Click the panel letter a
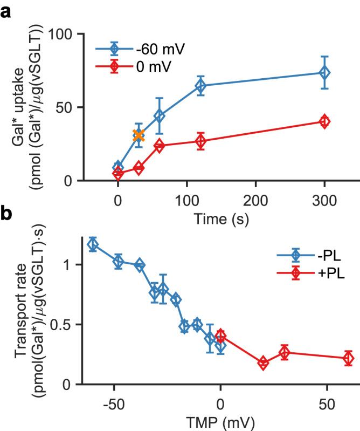coord(7,10)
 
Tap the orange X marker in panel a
coord(139,135)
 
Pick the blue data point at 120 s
coord(200,86)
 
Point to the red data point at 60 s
coord(159,146)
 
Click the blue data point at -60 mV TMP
coord(93,244)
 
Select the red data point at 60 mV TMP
coord(348,358)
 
